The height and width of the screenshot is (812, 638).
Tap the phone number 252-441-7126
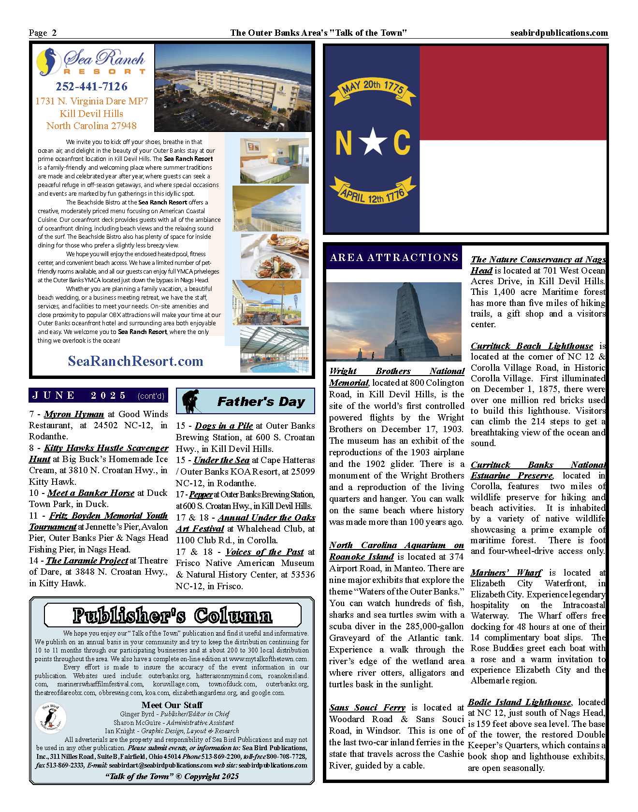coord(91,87)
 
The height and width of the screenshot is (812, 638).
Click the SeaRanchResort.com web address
coord(135,361)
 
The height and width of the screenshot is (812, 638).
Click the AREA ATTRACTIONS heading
coord(394,258)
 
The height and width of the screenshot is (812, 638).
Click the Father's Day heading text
coord(261,402)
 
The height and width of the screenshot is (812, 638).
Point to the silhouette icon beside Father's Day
coord(191,401)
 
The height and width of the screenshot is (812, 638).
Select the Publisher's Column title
coord(173,615)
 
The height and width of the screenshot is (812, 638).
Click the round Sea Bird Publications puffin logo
coord(50,718)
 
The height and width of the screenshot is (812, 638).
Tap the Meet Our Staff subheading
coord(172,705)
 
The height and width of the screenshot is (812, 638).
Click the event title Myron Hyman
coord(74,414)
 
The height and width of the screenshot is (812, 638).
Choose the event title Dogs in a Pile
coord(224,426)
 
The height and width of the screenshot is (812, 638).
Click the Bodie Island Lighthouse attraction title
coord(520,702)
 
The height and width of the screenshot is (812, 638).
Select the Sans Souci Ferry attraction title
coord(367,708)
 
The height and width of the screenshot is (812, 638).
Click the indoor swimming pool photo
coord(274,350)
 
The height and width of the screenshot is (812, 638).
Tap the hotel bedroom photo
coord(274,161)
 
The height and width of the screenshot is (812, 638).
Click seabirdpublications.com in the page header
coord(559,33)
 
